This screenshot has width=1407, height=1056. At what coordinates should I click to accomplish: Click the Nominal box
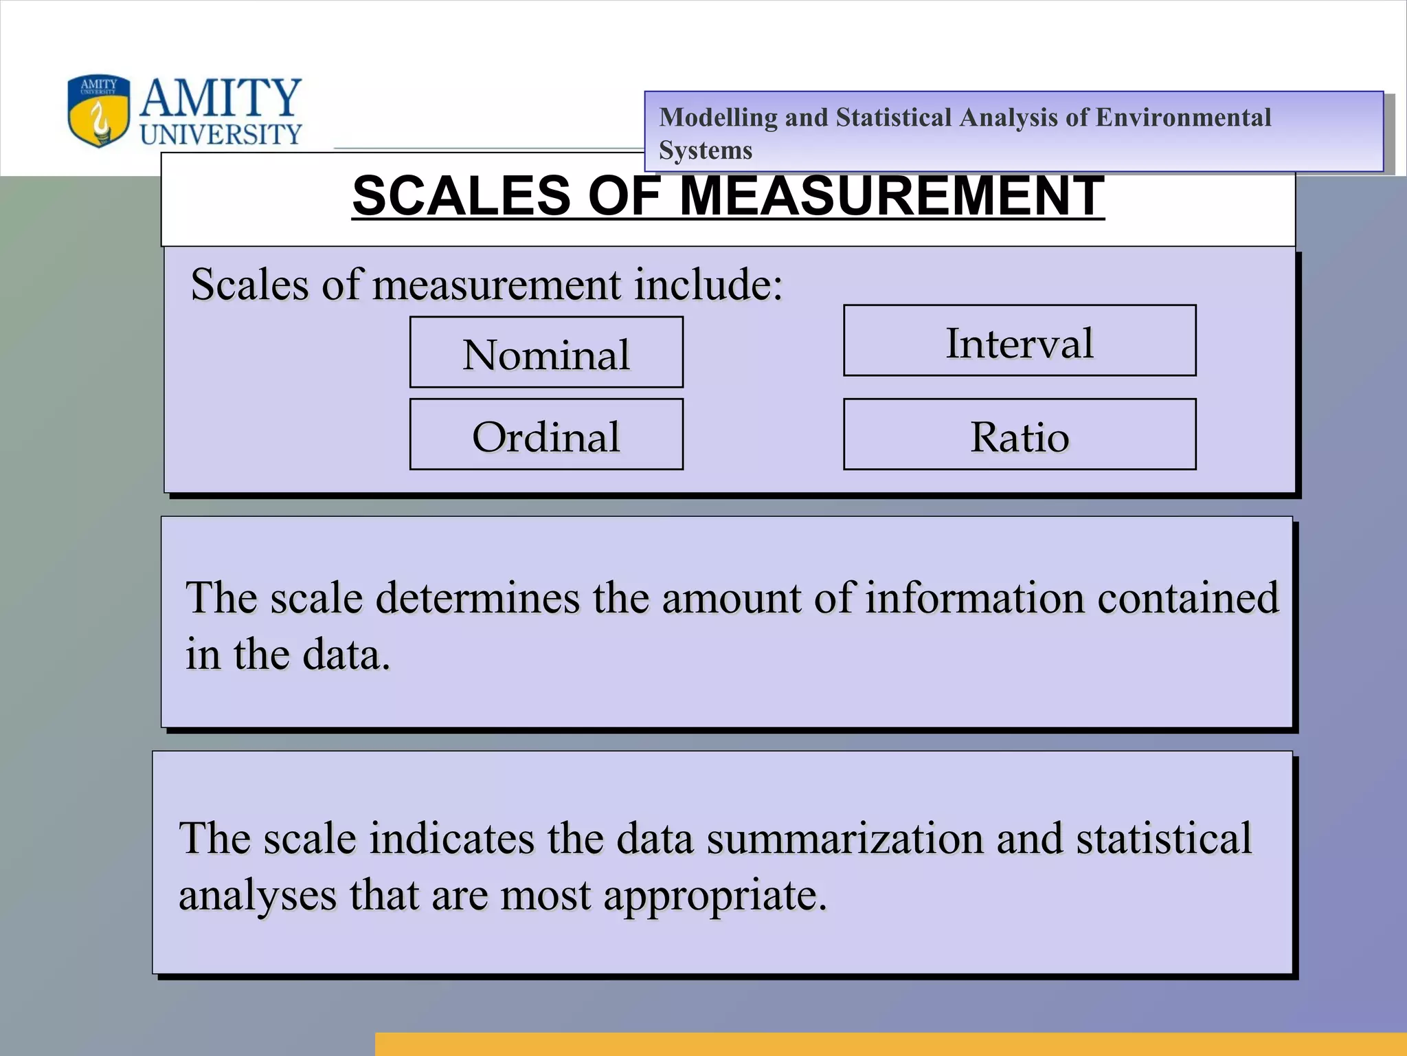click(546, 353)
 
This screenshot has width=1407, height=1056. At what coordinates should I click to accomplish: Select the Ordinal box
click(546, 435)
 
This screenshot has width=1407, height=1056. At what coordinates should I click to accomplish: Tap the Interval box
click(1020, 341)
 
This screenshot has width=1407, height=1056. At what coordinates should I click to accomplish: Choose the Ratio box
click(1020, 435)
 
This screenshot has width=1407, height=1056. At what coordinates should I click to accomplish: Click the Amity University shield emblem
click(98, 111)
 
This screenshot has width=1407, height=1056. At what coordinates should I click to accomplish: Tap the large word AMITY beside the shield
click(221, 98)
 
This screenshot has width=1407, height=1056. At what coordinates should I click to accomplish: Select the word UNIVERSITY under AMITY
click(221, 134)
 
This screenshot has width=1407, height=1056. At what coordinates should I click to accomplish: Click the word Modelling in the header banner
click(718, 118)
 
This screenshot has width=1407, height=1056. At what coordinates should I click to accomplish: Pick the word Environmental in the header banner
click(1183, 118)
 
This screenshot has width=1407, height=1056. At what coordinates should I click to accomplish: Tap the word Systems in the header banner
click(706, 151)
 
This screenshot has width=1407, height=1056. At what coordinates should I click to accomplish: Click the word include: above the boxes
click(708, 284)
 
